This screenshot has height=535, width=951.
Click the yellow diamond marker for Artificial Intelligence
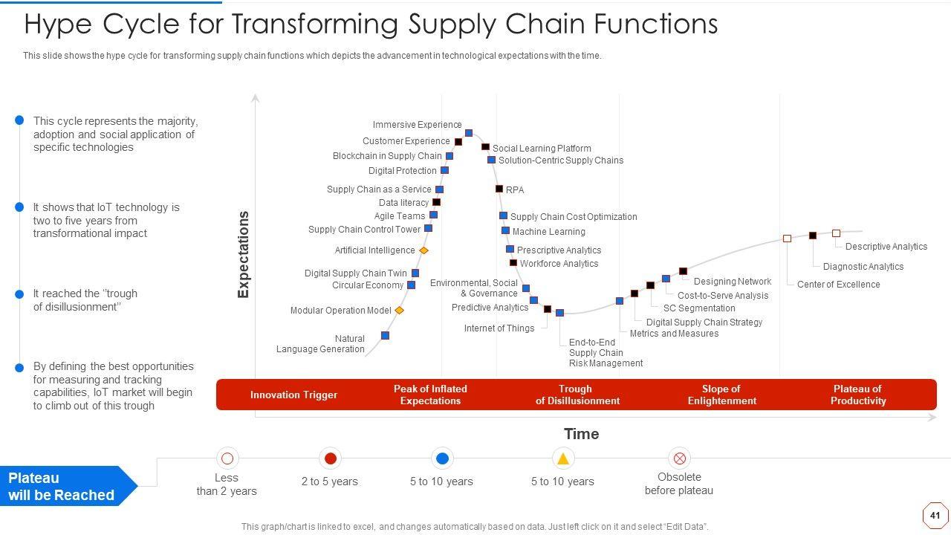tap(423, 250)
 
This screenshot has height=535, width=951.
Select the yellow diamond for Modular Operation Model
tap(399, 310)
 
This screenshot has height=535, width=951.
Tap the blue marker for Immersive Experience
tap(469, 133)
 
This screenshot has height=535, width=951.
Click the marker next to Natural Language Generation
tap(385, 336)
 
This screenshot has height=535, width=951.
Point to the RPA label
tap(515, 190)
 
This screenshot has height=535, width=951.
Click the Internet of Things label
tap(499, 328)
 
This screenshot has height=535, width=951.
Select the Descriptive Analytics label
tap(886, 247)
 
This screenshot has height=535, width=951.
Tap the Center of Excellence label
tap(838, 285)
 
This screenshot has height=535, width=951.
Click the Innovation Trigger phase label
tap(293, 395)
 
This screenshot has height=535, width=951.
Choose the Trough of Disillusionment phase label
tap(577, 395)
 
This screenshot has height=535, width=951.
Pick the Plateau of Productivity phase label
tap(858, 395)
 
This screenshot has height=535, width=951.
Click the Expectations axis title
tap(244, 255)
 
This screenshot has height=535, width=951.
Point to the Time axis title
tap(581, 434)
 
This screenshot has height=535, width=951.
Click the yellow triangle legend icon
tap(563, 458)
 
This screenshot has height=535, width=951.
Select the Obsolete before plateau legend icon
tap(679, 458)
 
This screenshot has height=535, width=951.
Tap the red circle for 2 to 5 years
tap(331, 458)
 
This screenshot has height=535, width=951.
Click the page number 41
tap(935, 515)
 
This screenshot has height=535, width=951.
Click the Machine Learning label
tap(548, 232)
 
